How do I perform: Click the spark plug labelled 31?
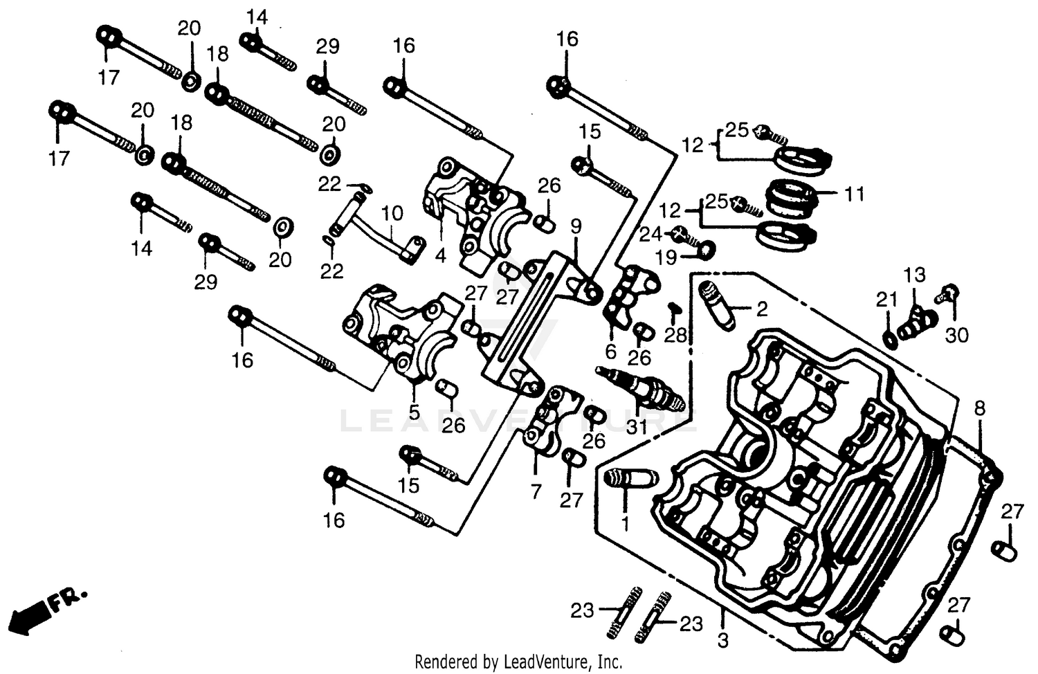coord(640,389)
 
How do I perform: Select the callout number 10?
coord(392,213)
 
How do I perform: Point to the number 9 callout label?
coord(576,226)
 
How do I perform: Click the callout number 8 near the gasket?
coord(979,408)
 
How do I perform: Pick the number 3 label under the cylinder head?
coord(722,641)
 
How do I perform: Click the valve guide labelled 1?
coord(628,478)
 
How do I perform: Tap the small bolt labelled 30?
coord(947,293)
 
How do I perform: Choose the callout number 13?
coord(914,275)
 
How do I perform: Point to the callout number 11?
coord(855,194)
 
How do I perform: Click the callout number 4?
coord(441,256)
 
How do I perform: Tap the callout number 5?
coord(414,412)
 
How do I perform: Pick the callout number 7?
coord(536,491)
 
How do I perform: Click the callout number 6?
coord(610,352)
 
